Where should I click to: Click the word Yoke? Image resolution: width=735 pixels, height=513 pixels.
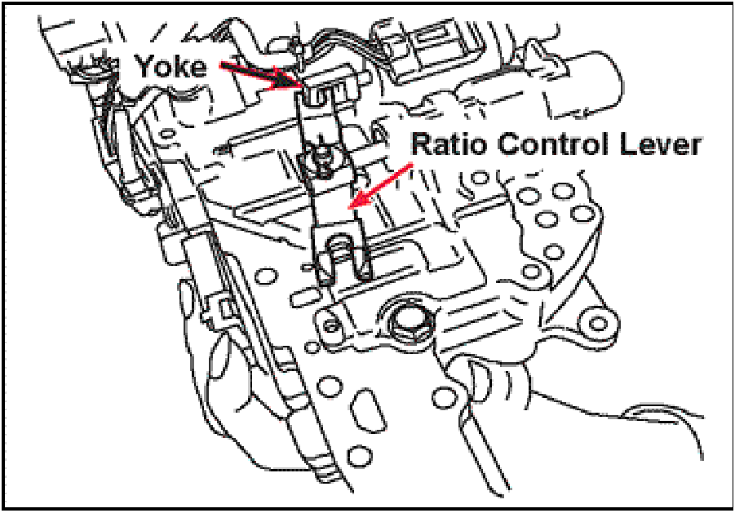pos(171,66)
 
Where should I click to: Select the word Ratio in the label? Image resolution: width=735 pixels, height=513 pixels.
pos(450,144)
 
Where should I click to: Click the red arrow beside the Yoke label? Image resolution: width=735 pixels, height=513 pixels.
pos(260,75)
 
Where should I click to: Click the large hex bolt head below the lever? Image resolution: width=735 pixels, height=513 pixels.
pos(407,324)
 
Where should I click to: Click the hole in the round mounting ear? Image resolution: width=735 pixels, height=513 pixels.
pos(597,323)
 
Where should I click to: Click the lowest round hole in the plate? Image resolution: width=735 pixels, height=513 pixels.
pos(357,453)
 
